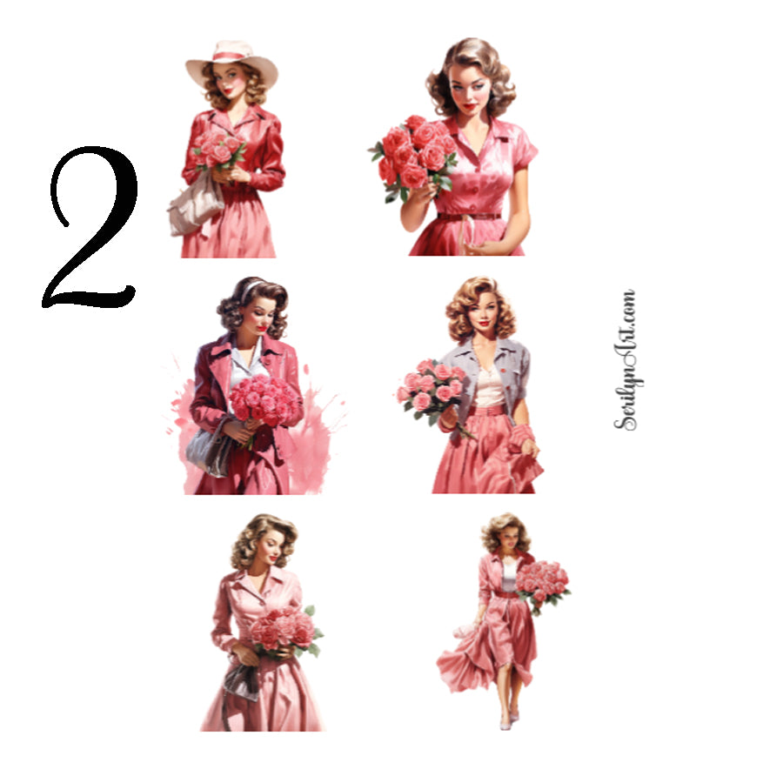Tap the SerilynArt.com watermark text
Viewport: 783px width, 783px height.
click(626, 358)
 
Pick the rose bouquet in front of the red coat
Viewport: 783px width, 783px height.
click(264, 400)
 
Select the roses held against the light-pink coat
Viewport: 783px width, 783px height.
click(283, 630)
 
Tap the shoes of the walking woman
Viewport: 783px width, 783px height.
click(507, 719)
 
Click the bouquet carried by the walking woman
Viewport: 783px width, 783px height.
click(541, 581)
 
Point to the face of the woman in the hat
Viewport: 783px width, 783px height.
click(230, 83)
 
